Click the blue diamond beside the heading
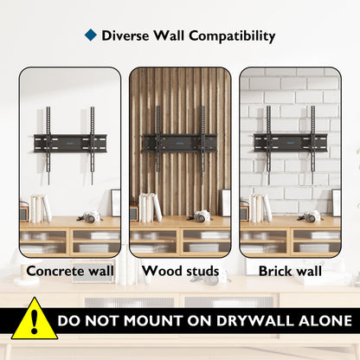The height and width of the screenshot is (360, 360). click(91, 35)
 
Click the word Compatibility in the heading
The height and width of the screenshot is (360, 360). click(232, 36)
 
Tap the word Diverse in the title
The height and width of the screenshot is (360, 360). click(125, 35)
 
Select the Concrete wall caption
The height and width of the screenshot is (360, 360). click(70, 271)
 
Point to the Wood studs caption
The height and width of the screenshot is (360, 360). click(180, 271)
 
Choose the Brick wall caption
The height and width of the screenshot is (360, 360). click(290, 271)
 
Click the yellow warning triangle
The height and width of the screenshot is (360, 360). click(35, 320)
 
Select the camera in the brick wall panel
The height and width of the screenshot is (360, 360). click(311, 215)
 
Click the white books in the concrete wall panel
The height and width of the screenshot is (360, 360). click(41, 209)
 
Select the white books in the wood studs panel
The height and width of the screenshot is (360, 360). click(150, 208)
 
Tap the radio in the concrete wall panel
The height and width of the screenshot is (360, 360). click(24, 211)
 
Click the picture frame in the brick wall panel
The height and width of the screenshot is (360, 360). click(336, 202)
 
